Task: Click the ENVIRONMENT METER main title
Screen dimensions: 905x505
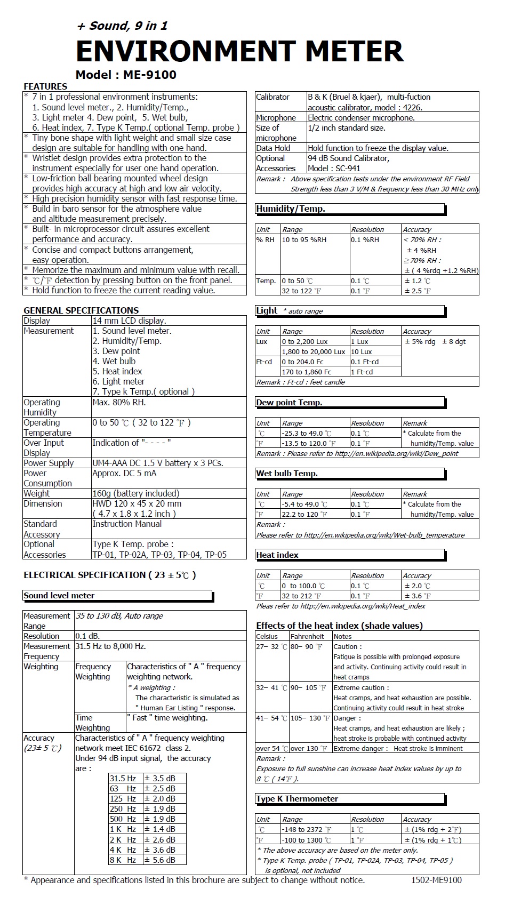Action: point(239,51)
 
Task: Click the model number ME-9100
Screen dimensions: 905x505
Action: point(149,75)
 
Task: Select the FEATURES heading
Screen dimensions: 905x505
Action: point(45,86)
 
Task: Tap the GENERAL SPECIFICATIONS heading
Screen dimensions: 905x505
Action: point(81,310)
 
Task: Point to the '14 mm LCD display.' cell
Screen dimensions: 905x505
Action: point(129,321)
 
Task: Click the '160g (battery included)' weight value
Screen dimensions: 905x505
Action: point(135,493)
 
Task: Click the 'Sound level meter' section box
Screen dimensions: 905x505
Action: point(117,596)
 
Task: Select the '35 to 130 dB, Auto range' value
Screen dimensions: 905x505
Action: point(119,616)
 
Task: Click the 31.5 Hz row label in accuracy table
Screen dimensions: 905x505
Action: point(123,779)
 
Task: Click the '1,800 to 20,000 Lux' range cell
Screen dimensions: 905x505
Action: point(314,351)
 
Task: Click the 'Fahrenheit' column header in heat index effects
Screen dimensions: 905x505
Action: point(307,636)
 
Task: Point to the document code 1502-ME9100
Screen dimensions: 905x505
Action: point(436,880)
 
